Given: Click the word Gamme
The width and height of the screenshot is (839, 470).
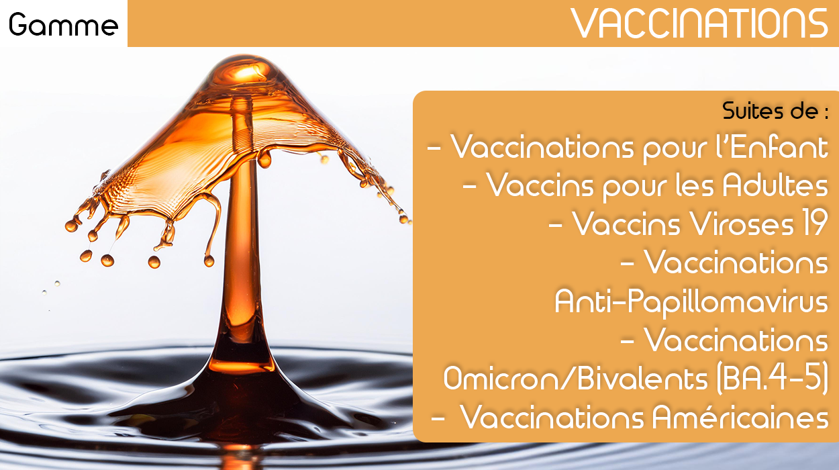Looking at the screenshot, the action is (63, 24).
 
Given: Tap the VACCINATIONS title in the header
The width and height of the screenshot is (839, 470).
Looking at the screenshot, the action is (699, 23).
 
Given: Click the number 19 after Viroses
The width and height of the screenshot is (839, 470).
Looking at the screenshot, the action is (814, 223).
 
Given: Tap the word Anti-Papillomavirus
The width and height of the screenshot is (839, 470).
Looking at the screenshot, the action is (691, 302).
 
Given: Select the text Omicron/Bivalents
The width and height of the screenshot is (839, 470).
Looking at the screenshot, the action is (576, 379).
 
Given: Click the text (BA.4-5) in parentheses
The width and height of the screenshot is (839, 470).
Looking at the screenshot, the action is (772, 379).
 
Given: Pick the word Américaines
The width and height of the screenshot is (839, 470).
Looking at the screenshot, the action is (740, 417).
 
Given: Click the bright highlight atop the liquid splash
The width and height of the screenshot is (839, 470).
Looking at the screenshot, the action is (248, 72).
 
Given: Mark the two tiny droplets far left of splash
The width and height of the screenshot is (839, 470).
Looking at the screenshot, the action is (51, 288).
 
